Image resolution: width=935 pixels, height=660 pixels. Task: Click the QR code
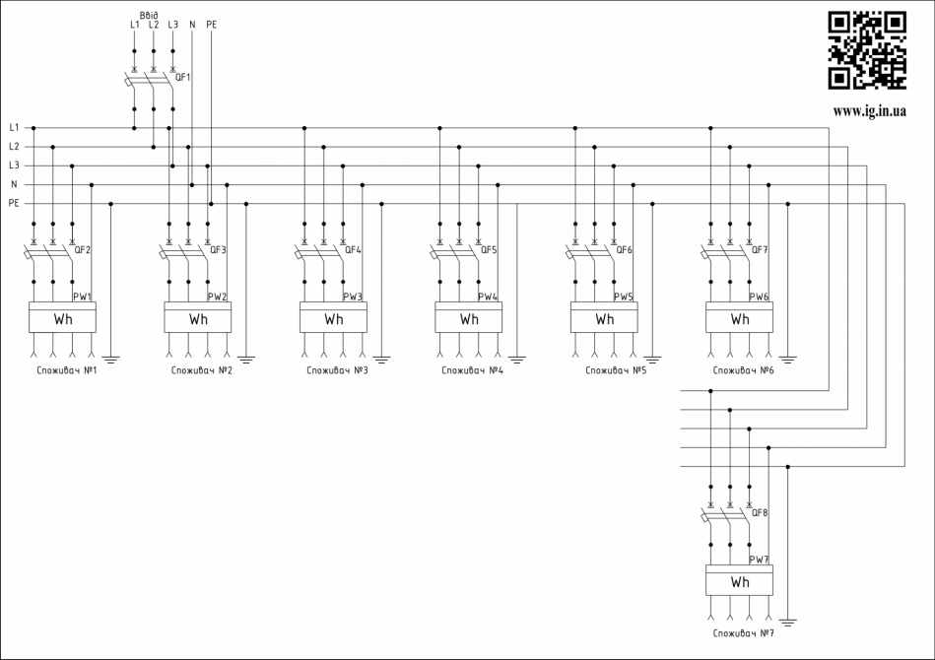coord(867,50)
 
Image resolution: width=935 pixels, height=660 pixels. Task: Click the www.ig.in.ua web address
coord(868,111)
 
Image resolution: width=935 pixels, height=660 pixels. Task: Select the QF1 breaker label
coord(182,76)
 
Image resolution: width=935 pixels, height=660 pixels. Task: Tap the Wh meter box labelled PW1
coord(62,318)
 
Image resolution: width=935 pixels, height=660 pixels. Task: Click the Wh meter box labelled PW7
coord(739,581)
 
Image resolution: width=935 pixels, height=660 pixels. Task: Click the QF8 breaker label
coord(760,513)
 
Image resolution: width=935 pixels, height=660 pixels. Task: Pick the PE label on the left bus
coord(14,203)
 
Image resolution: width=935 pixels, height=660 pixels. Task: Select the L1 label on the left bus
coord(14,127)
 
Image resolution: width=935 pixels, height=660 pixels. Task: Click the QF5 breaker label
coord(489,249)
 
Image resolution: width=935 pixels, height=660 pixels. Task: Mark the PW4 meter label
coord(489,297)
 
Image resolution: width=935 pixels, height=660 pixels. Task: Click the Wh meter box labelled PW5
coord(604,318)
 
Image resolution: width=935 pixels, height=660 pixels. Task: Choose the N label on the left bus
coord(14,184)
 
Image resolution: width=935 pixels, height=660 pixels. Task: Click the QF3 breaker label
coord(218,249)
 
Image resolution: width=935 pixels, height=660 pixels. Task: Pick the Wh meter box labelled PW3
coord(333,318)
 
